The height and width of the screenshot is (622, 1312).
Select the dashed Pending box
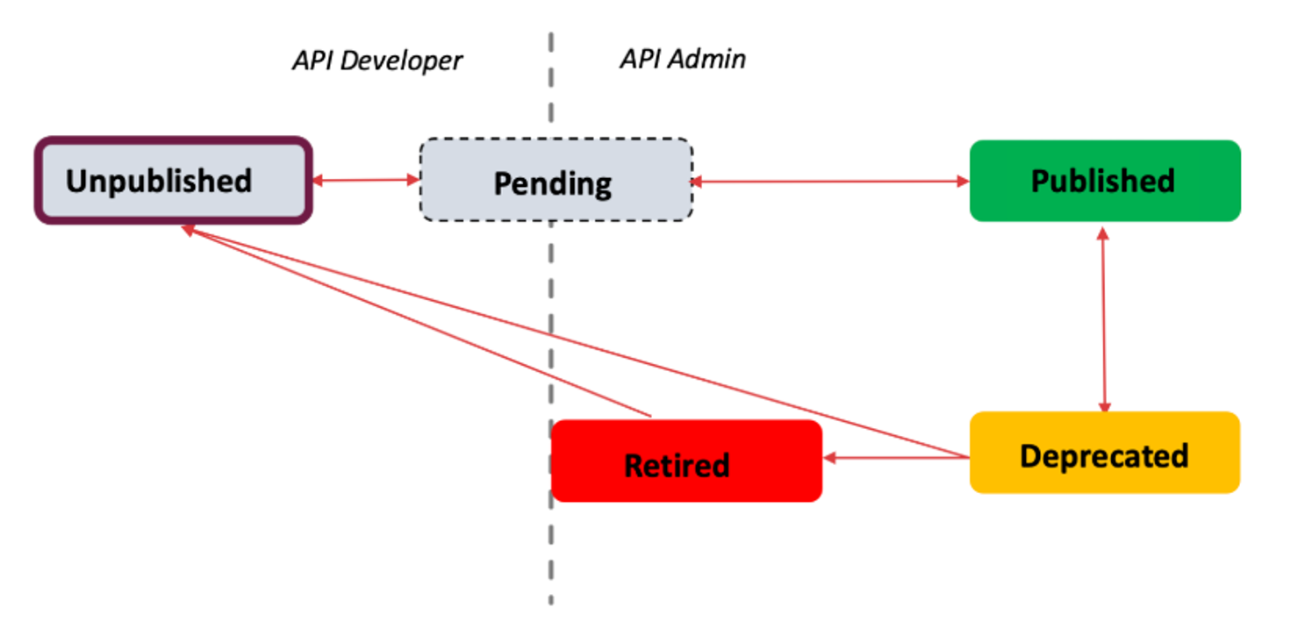pos(556,181)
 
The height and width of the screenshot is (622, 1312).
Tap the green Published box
pos(1104,181)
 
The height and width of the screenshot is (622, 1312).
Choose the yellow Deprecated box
pos(1104,453)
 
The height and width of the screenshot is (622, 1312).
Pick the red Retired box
pos(685,461)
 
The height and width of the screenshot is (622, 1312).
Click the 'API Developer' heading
pos(376,61)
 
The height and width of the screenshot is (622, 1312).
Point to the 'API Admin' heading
pos(683,59)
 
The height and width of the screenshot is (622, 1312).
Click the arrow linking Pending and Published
pos(829,182)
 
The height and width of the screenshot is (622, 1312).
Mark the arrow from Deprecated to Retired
pos(895,457)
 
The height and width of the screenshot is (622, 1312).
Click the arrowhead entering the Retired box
pos(829,457)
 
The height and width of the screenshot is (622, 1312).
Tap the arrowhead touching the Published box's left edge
pos(963,182)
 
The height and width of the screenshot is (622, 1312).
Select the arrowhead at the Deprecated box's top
pos(1104,406)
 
